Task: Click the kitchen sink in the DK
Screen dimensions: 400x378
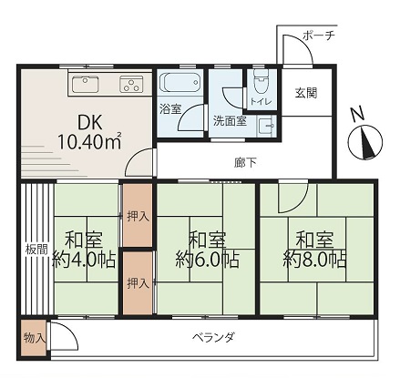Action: (86, 84)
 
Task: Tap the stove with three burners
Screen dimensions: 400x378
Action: (131, 84)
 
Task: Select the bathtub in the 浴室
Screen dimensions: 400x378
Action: (179, 82)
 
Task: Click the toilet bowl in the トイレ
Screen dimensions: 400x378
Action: (261, 82)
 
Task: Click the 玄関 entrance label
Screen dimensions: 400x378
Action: (306, 93)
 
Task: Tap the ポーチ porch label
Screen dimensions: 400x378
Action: (319, 36)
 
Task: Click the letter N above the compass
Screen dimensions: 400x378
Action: (357, 115)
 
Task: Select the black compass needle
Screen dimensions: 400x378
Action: (367, 144)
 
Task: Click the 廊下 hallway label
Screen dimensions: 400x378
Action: (245, 163)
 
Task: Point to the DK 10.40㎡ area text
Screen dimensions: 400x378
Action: (89, 132)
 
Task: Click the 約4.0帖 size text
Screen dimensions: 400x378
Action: (84, 260)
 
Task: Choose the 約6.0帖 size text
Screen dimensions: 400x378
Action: (207, 260)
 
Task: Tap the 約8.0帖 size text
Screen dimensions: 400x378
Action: (314, 260)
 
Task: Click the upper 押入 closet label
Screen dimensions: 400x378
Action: (138, 217)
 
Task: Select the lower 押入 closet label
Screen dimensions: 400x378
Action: (138, 283)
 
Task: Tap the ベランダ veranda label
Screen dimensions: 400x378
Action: (214, 337)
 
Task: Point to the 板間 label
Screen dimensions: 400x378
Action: (36, 250)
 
